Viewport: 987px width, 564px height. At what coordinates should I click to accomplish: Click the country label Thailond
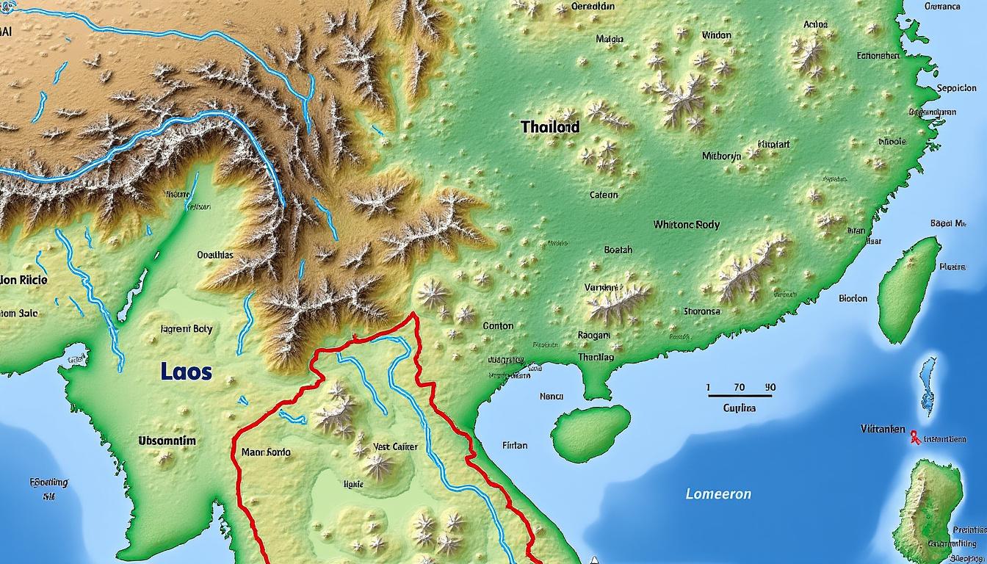point(550,127)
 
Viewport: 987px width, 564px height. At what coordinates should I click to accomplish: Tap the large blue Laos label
point(186,372)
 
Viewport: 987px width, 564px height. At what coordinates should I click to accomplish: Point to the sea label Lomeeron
point(718,494)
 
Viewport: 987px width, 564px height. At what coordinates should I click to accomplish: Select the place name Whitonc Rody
point(686,225)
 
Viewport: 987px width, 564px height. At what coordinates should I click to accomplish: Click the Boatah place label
point(618,250)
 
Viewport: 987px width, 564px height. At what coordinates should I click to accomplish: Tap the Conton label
point(498,325)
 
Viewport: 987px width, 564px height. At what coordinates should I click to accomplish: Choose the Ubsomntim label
point(167,441)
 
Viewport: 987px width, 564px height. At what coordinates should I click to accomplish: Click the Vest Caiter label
point(395,446)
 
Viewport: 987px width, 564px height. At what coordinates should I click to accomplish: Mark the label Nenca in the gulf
point(551,397)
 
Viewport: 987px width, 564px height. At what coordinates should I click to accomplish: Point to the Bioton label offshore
point(853,299)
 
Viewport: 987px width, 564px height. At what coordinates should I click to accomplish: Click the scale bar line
point(740,397)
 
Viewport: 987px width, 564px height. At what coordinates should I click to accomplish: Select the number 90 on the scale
point(770,387)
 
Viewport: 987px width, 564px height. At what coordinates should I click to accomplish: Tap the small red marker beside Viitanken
point(914,437)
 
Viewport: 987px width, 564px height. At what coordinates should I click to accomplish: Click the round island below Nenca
point(590,433)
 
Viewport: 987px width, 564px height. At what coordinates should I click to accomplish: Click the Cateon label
point(604,195)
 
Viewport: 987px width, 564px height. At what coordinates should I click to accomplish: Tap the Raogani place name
point(593,335)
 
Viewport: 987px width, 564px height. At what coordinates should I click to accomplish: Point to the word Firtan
point(515,445)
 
